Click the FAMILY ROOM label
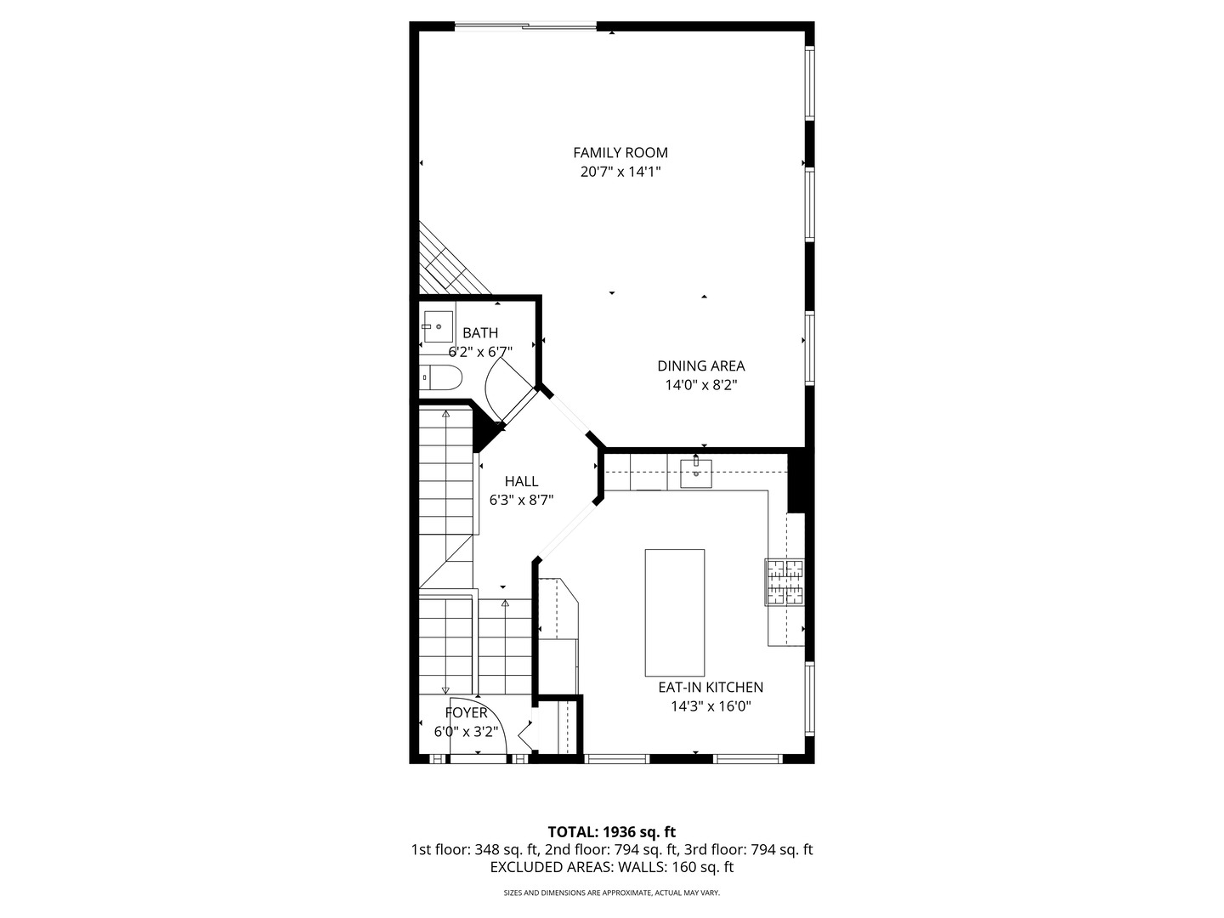click(x=620, y=153)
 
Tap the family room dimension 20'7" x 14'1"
click(x=620, y=172)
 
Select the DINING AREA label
click(x=700, y=366)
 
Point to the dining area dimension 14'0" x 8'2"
click(x=700, y=385)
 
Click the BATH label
click(x=480, y=333)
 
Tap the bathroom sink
click(x=438, y=326)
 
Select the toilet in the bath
click(x=439, y=377)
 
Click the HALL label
click(x=521, y=482)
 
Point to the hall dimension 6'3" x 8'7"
click(x=521, y=501)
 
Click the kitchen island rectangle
click(x=674, y=612)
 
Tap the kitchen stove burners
click(x=785, y=582)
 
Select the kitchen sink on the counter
click(x=695, y=473)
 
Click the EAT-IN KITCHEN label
click(x=711, y=688)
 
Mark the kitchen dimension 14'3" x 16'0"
click(x=711, y=706)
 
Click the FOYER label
click(x=466, y=713)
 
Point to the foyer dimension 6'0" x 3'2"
click(x=466, y=732)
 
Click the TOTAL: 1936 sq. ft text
click(x=611, y=832)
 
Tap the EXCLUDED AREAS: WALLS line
click(x=611, y=868)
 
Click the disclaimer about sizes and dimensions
click(x=611, y=893)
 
